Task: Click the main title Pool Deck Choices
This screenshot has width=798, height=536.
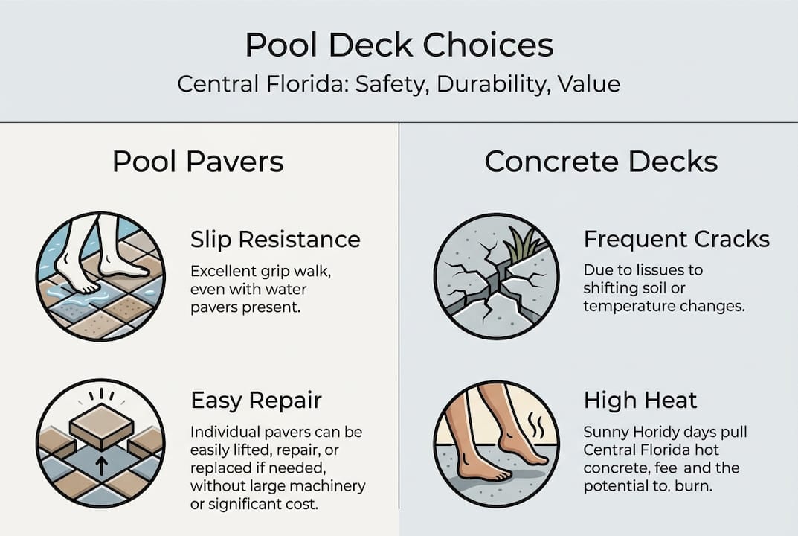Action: [x=399, y=45]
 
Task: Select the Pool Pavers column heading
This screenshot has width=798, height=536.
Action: [x=198, y=162]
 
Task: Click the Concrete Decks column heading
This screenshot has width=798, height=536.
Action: [x=601, y=162]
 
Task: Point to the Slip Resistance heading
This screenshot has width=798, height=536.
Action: [x=275, y=240]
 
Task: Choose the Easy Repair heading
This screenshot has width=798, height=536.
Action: [x=256, y=400]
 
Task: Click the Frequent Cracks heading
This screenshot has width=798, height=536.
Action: [x=676, y=240]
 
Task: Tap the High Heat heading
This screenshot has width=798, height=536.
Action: [x=640, y=400]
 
